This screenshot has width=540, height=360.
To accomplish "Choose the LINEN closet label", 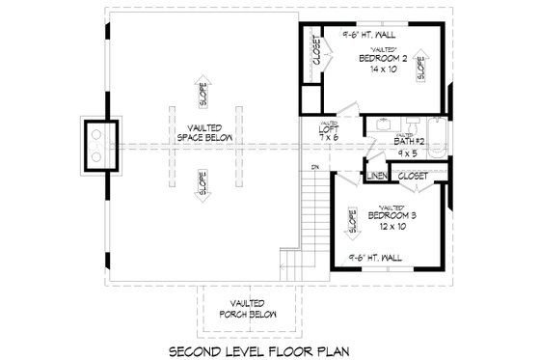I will coord(376,177).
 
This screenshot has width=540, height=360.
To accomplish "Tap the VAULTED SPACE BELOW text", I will coord(202,135).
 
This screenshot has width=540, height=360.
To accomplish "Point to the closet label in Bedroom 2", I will coord(314,50).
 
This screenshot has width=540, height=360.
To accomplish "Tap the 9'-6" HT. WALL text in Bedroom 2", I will coord(374,34).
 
